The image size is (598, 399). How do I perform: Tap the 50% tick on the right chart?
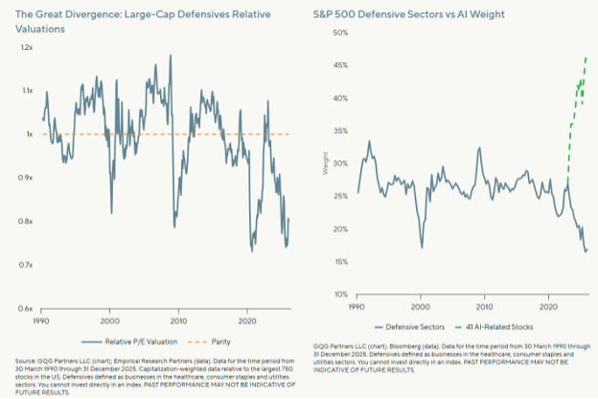coord(339,33)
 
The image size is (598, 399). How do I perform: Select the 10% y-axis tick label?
coord(339,293)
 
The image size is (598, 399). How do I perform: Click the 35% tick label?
coord(339,130)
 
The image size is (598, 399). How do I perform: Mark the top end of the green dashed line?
coord(586,58)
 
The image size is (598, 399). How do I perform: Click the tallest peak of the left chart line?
coord(171,55)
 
